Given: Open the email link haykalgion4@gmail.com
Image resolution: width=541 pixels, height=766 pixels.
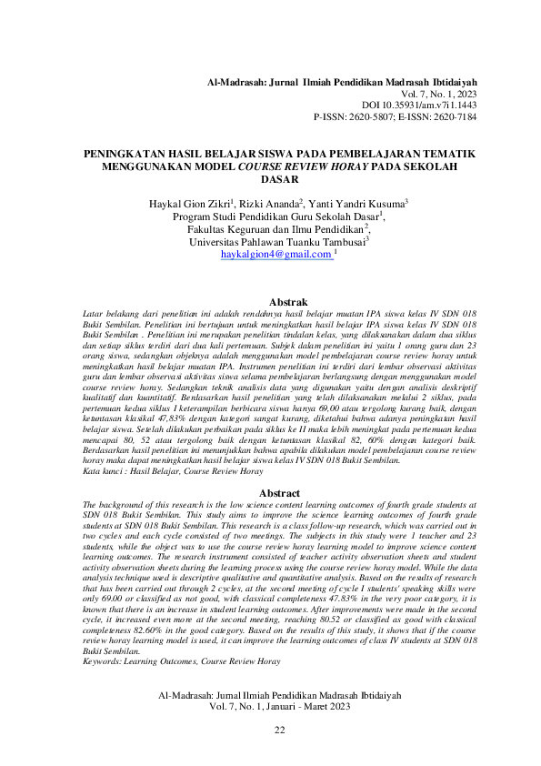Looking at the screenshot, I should point(276,257).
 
